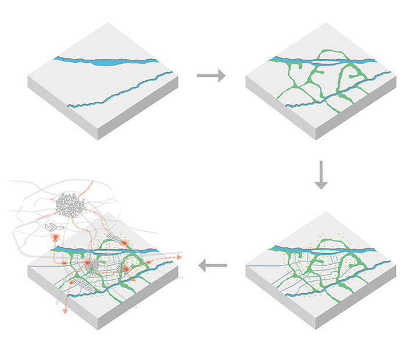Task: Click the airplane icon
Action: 53,226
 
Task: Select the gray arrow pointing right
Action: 211,75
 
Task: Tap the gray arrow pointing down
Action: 321,176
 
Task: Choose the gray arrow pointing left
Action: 212,266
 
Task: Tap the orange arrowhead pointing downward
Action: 65,311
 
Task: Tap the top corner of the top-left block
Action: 108,23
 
